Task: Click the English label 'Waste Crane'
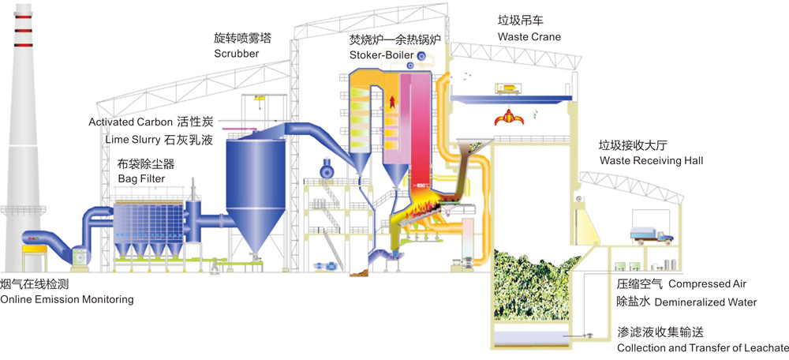(529, 37)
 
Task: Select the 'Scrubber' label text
(237, 54)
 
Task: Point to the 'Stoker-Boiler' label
(382, 54)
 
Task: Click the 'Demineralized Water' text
(705, 302)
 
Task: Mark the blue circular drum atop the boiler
(422, 56)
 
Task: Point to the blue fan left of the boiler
(326, 170)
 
